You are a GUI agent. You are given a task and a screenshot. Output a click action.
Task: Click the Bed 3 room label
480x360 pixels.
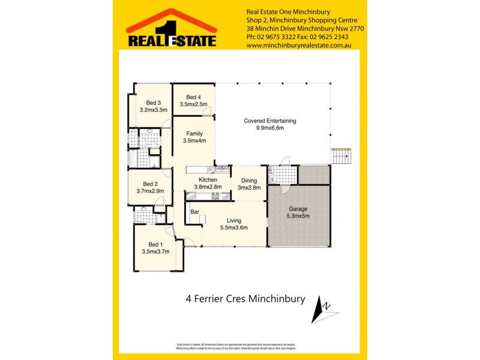[152, 103]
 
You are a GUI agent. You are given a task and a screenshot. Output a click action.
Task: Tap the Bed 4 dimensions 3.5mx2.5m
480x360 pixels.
[193, 104]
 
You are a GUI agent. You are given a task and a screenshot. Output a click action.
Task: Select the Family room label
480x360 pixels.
[194, 134]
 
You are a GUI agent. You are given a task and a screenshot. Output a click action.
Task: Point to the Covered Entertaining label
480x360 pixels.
[269, 121]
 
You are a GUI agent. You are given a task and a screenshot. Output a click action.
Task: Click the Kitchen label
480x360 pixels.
[208, 179]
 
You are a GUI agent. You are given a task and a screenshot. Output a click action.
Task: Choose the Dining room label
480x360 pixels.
[249, 180]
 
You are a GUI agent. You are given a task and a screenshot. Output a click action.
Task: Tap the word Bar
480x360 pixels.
[194, 212]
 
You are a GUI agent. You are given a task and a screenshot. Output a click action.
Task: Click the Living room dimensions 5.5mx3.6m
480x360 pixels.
[233, 227]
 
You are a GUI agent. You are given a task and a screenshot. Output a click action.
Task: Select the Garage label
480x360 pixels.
[298, 208]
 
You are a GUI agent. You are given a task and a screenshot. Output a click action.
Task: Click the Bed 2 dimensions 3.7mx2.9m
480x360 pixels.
[142, 191]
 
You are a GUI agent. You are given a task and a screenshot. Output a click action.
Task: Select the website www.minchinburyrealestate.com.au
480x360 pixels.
[298, 45]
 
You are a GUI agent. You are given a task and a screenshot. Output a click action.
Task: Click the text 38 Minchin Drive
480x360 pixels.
[269, 28]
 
